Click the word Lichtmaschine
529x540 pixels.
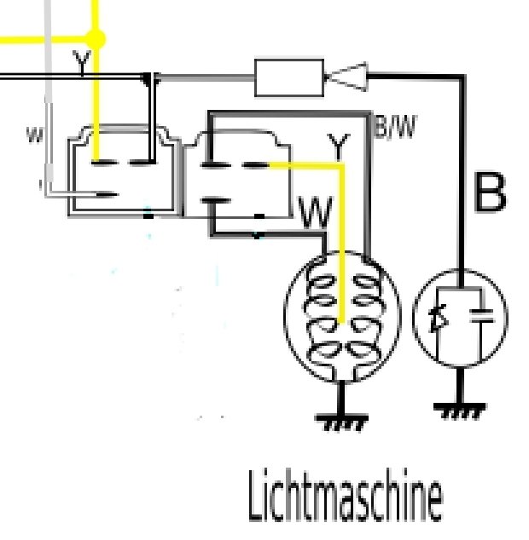[345, 498]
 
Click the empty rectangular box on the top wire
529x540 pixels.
[288, 78]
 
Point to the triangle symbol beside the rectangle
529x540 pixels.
[346, 78]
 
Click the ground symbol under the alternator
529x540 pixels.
[342, 418]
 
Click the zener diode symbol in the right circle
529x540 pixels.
[439, 319]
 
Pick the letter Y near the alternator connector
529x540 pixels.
[339, 148]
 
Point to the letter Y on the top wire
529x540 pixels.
[81, 63]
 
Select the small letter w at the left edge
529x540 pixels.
[34, 135]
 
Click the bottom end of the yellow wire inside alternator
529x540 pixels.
[342, 322]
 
